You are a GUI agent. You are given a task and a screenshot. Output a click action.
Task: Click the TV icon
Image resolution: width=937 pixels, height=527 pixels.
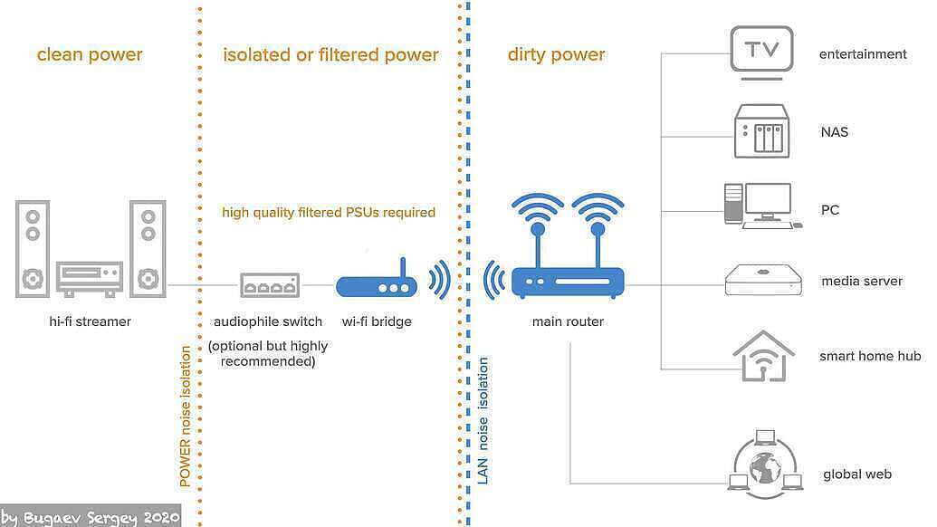tap(761, 51)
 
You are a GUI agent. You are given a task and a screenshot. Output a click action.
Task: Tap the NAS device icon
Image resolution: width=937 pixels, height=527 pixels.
tap(760, 131)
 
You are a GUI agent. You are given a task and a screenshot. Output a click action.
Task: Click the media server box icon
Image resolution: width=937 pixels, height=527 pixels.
tap(764, 281)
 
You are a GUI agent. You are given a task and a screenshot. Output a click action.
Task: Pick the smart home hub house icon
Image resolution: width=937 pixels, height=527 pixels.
tap(763, 356)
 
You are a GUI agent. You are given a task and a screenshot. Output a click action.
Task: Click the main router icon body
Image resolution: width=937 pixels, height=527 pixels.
tap(568, 283)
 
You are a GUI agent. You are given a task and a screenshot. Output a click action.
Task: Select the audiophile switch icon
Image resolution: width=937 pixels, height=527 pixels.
tap(269, 285)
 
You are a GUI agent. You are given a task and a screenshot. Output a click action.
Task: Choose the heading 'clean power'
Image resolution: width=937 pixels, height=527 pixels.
tap(90, 54)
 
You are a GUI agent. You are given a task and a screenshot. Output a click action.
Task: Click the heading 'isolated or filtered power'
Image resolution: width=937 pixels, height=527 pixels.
tap(330, 54)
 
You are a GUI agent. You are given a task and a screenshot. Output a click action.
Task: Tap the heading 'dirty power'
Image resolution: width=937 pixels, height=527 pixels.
tap(556, 54)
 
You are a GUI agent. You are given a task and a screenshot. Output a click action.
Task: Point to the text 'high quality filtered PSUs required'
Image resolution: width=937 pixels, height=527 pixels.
tap(329, 213)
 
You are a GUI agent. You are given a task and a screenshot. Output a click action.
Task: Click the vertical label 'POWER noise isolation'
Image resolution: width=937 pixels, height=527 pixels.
tap(186, 417)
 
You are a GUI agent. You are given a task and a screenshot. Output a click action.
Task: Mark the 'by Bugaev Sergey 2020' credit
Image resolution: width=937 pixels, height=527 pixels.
tap(91, 517)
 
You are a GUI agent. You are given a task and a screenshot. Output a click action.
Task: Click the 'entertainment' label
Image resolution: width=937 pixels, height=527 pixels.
tap(862, 54)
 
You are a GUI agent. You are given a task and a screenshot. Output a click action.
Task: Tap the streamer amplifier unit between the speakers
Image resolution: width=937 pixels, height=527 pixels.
tap(89, 278)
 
